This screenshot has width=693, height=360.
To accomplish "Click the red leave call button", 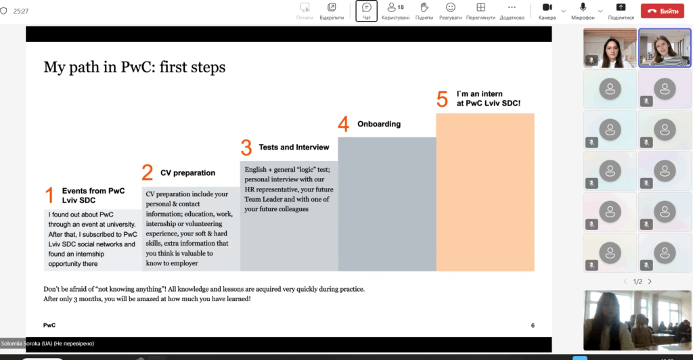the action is (x=662, y=11).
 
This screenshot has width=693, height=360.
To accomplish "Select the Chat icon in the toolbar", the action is (x=366, y=7).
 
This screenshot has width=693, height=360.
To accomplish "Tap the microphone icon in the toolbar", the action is (x=583, y=7).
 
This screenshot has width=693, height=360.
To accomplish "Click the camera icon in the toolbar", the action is (x=547, y=7).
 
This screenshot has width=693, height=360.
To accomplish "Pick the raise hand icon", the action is (x=424, y=7).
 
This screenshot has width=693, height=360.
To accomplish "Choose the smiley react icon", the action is (x=450, y=7).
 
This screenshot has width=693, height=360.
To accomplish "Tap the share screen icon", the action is (x=621, y=7).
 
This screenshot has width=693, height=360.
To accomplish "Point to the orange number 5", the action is (x=442, y=99).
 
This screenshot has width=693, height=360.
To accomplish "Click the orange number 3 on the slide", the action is (x=246, y=148).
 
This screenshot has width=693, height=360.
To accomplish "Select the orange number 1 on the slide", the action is (x=49, y=196).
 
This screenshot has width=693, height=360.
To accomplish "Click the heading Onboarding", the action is (x=379, y=124).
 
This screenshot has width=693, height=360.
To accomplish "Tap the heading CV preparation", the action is (x=188, y=173).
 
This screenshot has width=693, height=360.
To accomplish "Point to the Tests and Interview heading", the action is (x=294, y=147).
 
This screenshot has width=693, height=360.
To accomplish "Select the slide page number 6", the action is (x=533, y=325).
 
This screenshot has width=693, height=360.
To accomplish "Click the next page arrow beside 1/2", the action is (x=650, y=282).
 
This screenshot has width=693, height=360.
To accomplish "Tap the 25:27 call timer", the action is (x=21, y=11).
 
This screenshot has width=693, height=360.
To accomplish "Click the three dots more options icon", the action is (x=512, y=7).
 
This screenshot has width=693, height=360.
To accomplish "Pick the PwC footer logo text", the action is (x=49, y=325).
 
